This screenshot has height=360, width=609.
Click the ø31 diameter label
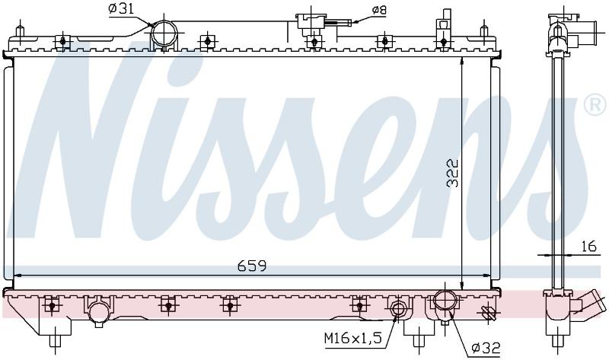tap(121, 9)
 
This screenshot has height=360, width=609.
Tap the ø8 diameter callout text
tap(378, 10)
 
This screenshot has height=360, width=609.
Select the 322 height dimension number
tap(452, 173)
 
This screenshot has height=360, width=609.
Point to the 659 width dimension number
tap(252, 266)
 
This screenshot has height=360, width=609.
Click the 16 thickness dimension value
tap(588, 246)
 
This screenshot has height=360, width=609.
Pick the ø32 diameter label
tap(486, 349)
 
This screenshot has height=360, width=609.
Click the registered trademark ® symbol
tap(595, 104)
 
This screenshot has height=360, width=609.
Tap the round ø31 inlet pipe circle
tap(164, 33)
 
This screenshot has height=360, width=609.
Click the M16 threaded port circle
tap(398, 309)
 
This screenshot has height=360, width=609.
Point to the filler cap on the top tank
tap(311, 21)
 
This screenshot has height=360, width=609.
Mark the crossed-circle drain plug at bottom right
tap(487, 312)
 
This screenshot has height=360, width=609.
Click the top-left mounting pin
tap(20, 31)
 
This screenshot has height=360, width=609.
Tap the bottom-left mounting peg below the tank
tap(55, 341)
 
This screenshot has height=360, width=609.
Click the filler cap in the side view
tap(563, 17)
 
